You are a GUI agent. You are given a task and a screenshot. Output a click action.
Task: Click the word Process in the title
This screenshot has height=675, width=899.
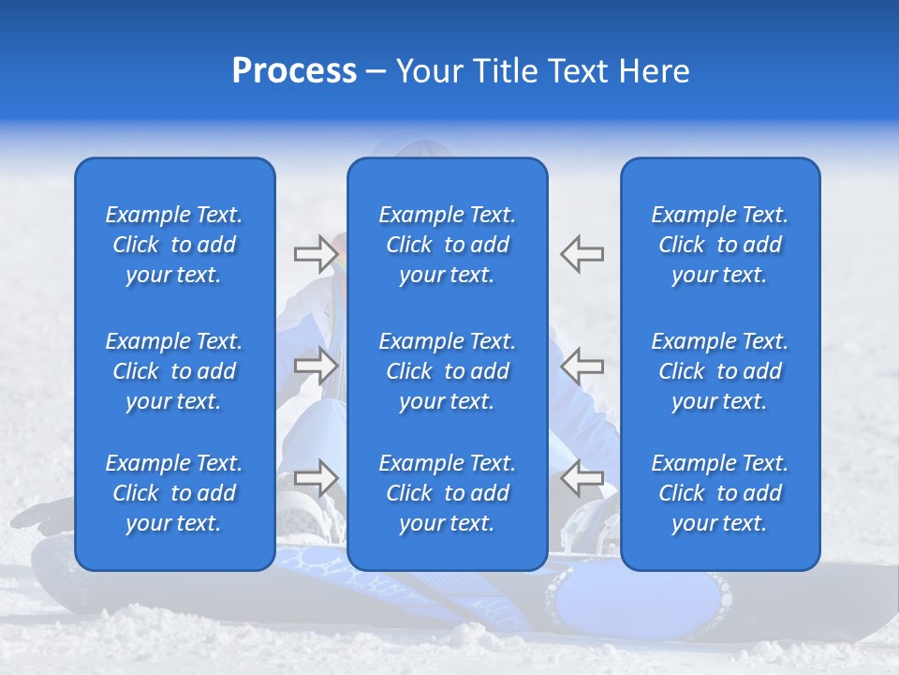click(294, 71)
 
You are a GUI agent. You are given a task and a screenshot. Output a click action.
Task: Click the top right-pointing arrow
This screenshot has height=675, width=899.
click(316, 253)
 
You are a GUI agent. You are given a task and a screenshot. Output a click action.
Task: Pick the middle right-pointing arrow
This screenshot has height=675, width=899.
click(316, 366)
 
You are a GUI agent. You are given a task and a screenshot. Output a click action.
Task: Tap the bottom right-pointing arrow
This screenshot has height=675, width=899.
click(316, 478)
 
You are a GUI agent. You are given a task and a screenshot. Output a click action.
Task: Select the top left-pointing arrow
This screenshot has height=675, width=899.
click(582, 253)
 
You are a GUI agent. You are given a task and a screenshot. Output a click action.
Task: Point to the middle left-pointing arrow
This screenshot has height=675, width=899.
click(582, 366)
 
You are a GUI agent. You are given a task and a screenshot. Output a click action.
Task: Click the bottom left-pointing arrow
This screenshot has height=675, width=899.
click(582, 478)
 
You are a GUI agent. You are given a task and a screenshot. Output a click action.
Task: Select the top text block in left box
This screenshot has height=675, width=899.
click(174, 245)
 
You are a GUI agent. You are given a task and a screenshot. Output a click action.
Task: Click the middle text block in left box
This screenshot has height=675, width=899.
click(174, 371)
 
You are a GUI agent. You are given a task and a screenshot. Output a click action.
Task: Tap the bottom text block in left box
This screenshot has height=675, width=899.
click(174, 493)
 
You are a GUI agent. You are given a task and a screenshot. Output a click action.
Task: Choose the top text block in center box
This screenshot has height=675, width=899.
click(448, 245)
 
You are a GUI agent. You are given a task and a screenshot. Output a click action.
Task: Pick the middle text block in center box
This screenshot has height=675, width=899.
click(448, 371)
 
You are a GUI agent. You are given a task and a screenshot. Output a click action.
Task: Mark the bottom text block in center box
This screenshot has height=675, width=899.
click(448, 493)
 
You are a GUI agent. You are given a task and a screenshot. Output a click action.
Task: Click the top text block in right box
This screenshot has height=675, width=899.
click(720, 245)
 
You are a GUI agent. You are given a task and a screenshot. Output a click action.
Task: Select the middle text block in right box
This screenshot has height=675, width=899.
click(720, 371)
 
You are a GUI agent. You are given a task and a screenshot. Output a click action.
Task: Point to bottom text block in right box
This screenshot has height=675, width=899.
click(720, 493)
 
